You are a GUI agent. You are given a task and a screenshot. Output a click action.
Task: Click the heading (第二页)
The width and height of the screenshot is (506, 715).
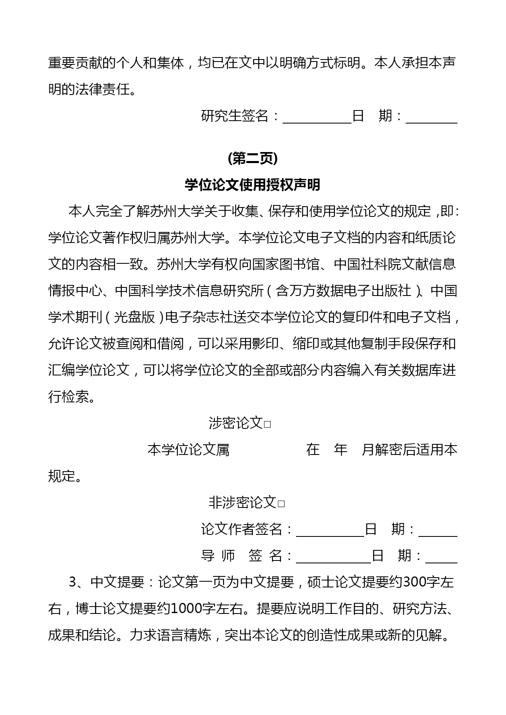pyautogui.click(x=253, y=159)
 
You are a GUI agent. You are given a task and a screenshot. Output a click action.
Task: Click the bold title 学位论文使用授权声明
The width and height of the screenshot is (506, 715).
pyautogui.click(x=253, y=185)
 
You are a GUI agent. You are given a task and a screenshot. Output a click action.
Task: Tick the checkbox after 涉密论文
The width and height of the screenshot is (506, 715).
pyautogui.click(x=267, y=424)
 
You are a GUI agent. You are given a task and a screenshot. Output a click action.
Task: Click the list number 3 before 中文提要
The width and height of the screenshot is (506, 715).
pyautogui.click(x=73, y=582)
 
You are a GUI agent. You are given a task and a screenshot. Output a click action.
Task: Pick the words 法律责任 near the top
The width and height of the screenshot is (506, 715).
pyautogui.click(x=102, y=89)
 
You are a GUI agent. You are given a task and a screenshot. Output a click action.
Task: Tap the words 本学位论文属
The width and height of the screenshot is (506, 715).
pyautogui.click(x=188, y=450)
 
